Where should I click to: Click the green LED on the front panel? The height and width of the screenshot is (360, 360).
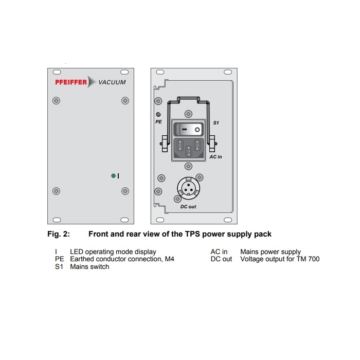pos(113,176)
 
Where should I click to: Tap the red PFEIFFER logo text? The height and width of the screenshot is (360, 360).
pos(71,82)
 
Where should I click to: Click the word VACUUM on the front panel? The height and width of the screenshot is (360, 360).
pos(112,82)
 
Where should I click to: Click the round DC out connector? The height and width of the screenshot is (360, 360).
pos(189,188)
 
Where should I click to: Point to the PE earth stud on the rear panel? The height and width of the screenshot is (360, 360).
pos(158,114)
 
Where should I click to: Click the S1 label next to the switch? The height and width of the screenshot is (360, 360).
pos(216,123)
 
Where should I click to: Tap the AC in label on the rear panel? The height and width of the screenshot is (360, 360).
pos(215,157)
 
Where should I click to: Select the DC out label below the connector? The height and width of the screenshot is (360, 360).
pos(188,207)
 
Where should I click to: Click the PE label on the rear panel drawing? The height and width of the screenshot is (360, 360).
pos(158,122)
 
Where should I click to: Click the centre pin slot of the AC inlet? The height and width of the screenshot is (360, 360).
pos(189,151)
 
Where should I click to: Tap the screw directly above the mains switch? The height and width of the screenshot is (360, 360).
pos(189,114)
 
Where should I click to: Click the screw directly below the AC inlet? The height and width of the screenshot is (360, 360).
pos(189,166)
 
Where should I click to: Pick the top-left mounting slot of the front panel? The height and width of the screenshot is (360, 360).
pos(57,72)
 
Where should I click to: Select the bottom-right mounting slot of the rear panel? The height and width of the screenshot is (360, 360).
pos(228,220)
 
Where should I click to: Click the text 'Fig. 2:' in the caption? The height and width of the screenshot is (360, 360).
pos(59,234)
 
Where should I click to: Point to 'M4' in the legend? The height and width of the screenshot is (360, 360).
pos(169,259)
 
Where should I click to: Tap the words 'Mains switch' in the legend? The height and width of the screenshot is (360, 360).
pos(89,266)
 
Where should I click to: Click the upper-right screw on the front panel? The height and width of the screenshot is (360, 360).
pos(125,101)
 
